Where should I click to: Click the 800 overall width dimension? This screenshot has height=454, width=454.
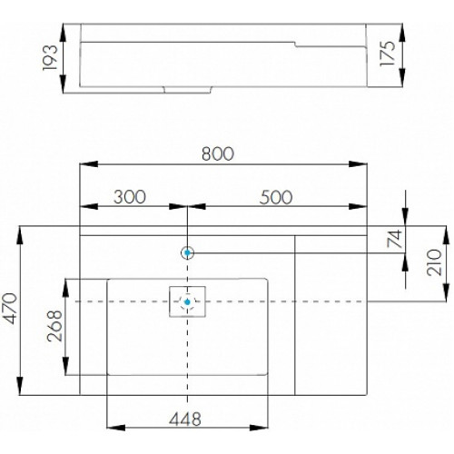tap(218, 153)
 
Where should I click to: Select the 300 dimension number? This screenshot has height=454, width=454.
tap(130, 197)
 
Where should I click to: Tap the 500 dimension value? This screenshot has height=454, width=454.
tap(276, 197)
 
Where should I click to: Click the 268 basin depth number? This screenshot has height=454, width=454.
tap(54, 326)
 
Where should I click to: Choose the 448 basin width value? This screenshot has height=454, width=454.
tap(185, 419)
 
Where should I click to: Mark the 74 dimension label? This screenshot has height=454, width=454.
tap(395, 239)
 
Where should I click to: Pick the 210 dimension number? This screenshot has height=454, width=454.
tap(434, 262)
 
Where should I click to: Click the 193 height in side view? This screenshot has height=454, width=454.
tap(50, 58)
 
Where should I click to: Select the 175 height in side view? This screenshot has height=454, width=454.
tap(388, 54)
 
